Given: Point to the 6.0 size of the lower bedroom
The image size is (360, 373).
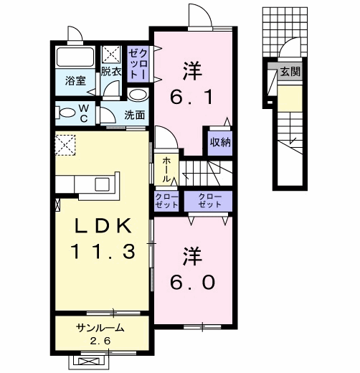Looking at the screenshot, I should click(192, 280).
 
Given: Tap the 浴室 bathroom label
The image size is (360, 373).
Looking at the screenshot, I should click(76, 80).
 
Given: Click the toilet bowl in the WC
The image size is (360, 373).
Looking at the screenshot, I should click(67, 112).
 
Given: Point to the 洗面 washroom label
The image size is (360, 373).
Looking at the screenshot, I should click(134, 114).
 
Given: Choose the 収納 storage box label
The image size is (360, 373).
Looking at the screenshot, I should click(219, 141).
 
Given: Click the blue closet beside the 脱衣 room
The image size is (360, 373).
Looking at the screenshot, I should click(137, 63).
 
